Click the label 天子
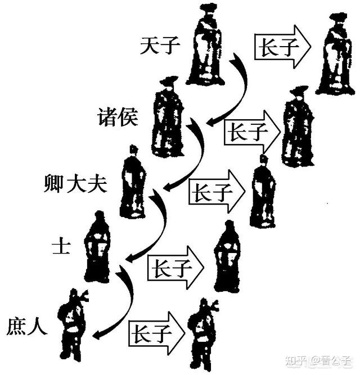(160, 46)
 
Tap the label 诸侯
(118, 117)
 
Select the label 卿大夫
(75, 184)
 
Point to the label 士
(61, 247)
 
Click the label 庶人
(27, 327)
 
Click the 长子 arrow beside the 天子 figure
(282, 47)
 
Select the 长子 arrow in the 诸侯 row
(252, 132)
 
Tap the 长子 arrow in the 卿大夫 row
(217, 192)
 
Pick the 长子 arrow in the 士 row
(176, 268)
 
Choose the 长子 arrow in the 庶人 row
(157, 333)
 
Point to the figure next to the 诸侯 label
(168, 117)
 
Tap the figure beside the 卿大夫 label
(133, 181)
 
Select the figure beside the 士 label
(98, 247)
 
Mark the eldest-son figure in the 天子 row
(335, 54)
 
